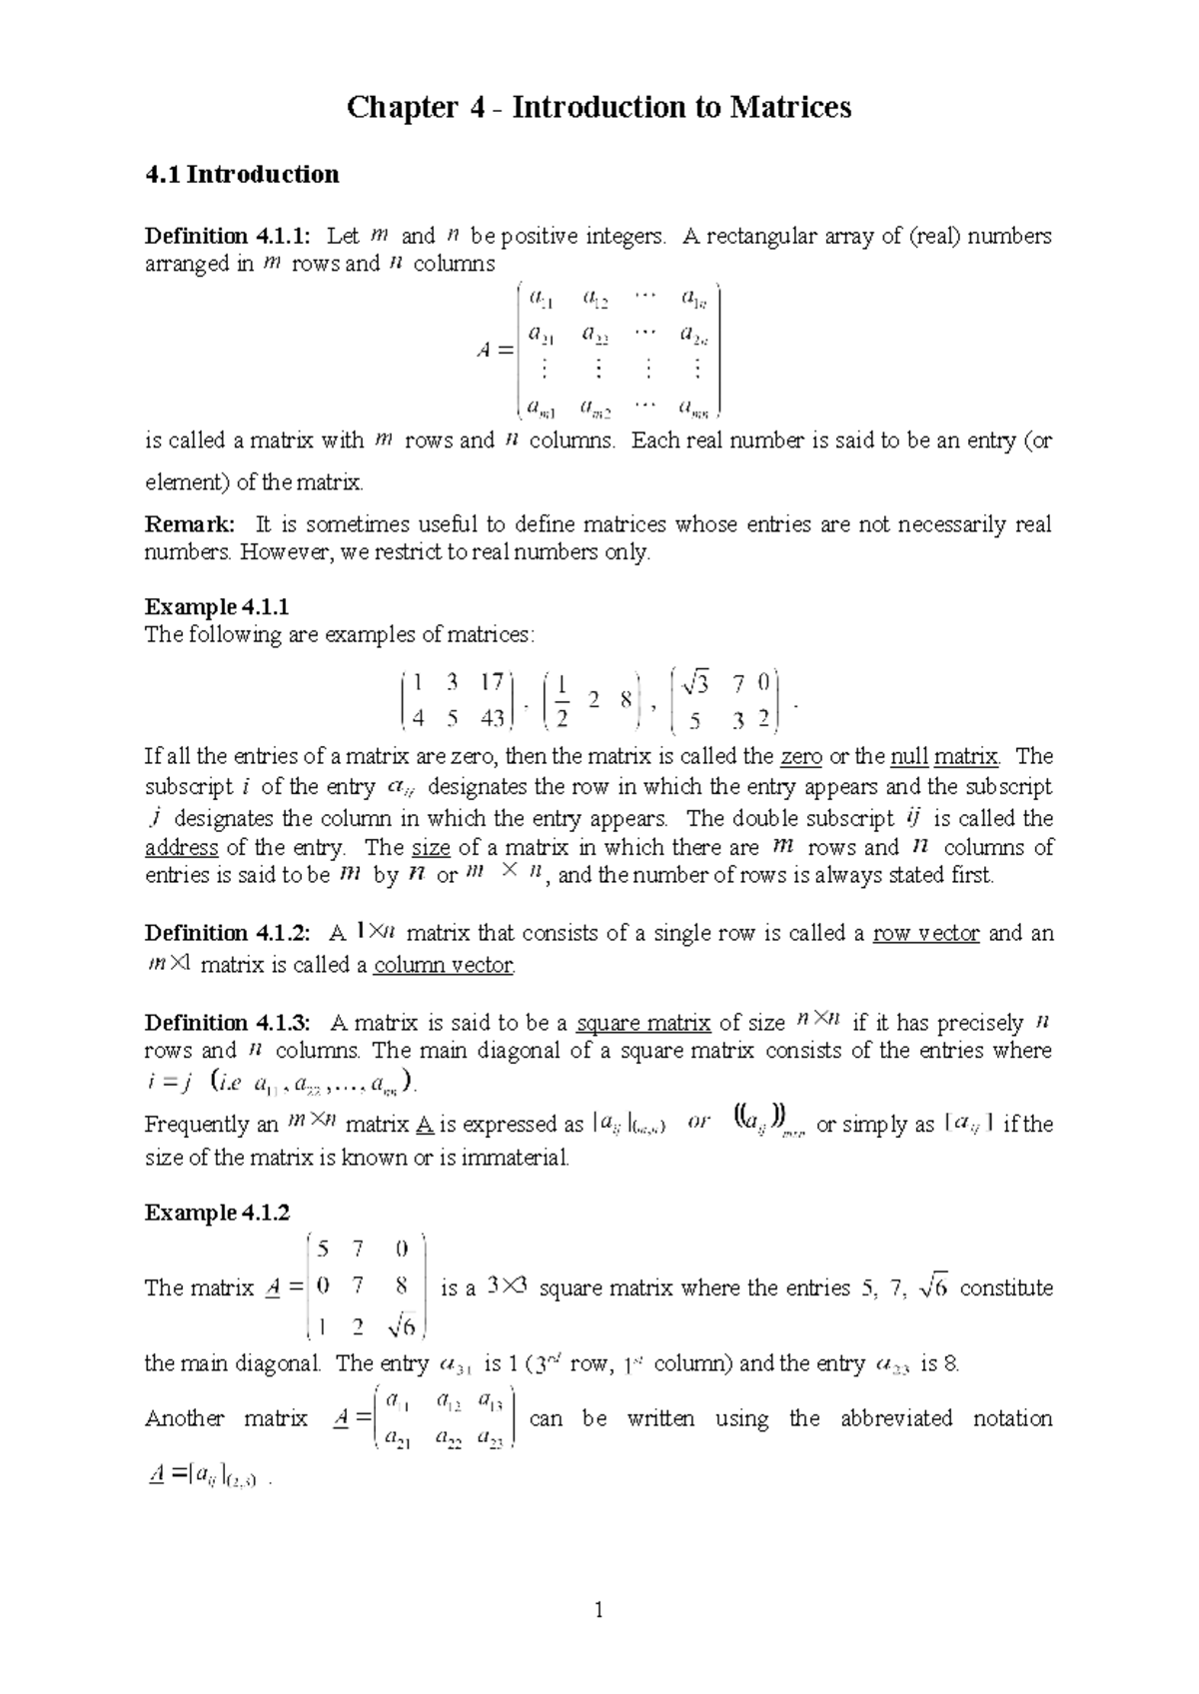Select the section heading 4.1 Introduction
[x=242, y=175]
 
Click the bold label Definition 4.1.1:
[x=228, y=237]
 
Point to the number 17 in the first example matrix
[x=491, y=683]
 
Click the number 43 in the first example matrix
[x=492, y=718]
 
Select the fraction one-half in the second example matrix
[x=563, y=701]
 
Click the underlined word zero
[x=801, y=757]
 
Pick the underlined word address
[x=181, y=848]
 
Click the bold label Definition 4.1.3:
[x=228, y=1023]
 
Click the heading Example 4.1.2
[x=217, y=1213]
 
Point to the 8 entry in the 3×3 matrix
[x=401, y=1287]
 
